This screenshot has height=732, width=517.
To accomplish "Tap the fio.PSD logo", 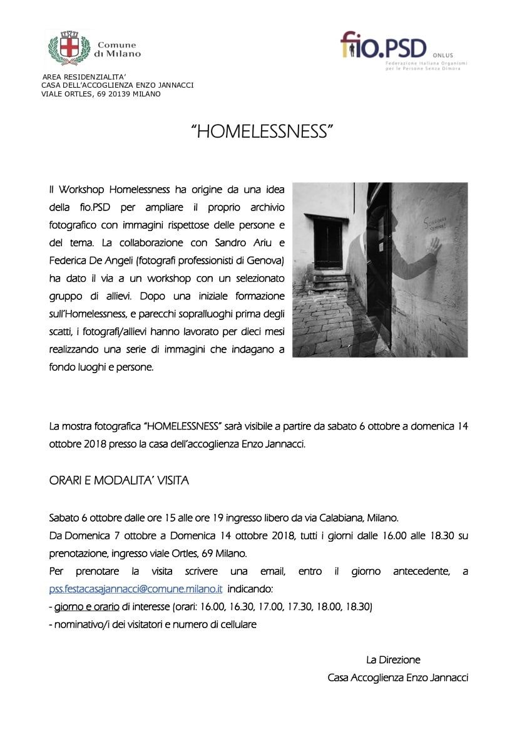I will [x=383, y=48].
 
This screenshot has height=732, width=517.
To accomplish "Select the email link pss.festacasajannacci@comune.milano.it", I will [x=136, y=589].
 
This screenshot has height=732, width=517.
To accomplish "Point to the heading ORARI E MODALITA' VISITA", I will [x=119, y=481].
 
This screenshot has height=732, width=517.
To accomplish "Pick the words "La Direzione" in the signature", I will [x=393, y=660].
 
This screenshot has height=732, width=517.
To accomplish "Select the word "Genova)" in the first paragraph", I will [x=267, y=260].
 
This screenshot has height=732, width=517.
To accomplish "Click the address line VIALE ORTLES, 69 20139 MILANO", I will [x=100, y=94].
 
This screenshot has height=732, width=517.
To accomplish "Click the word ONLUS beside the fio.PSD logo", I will [x=443, y=55].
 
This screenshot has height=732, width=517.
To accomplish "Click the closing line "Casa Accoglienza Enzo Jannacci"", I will [x=397, y=678].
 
